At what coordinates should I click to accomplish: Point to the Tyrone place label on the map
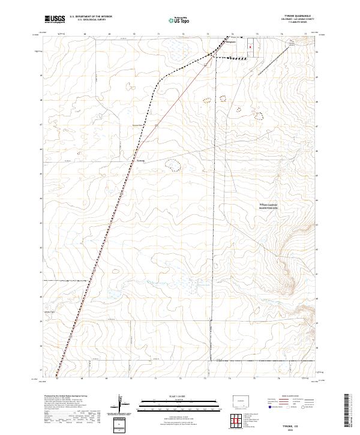140,161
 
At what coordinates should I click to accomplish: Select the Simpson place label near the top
231,43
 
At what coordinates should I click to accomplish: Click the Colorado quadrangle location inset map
244,401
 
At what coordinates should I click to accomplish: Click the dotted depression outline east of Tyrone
173,164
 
